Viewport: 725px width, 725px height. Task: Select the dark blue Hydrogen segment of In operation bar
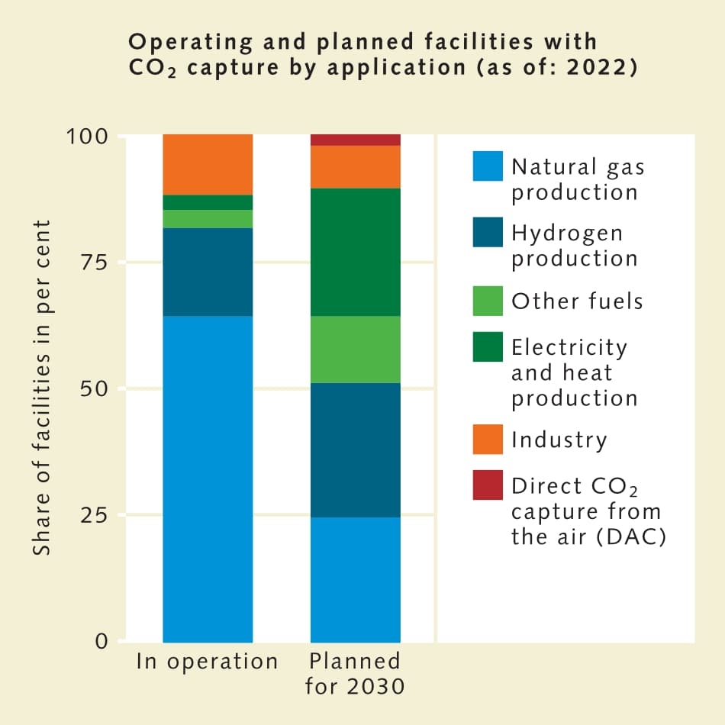pos(208,272)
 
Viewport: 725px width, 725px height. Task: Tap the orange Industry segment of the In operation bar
pos(208,164)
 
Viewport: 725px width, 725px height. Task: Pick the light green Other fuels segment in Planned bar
pos(356,349)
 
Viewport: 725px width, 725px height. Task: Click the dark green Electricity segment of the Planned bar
pos(356,252)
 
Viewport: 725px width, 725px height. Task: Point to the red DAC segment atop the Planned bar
pos(356,140)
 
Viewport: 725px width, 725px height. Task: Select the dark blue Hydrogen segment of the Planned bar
pos(356,449)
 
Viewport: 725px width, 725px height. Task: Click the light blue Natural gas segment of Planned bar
pos(356,579)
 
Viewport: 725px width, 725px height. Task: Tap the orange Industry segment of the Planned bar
pos(356,166)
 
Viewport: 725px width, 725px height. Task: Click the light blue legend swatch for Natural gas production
pos(488,166)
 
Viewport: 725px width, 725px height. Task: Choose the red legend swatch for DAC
pos(488,485)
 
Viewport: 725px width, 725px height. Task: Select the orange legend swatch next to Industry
pos(488,440)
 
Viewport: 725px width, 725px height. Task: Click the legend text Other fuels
pos(577,301)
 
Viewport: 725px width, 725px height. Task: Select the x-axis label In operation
pos(207,662)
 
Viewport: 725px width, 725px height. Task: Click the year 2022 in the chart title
pos(598,66)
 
